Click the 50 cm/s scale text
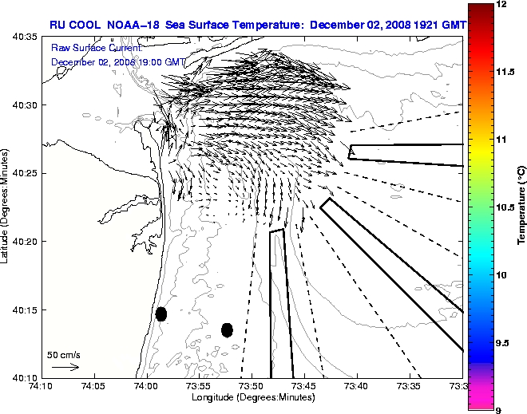(63, 354)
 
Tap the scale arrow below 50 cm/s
(65, 367)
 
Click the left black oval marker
(161, 313)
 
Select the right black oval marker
(227, 329)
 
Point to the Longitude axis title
(252, 397)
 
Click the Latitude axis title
(6, 207)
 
